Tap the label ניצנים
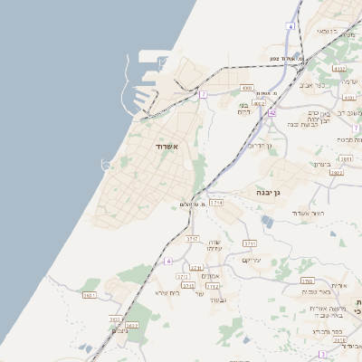click(x=119, y=331)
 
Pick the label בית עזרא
click(x=167, y=292)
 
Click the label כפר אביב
click(x=326, y=85)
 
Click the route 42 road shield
click(x=271, y=113)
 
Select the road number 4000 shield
click(x=247, y=88)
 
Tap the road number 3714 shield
click(x=215, y=203)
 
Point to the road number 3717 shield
click(x=192, y=238)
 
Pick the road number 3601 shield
click(x=89, y=295)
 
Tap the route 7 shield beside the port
click(x=204, y=94)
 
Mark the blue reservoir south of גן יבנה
click(x=267, y=220)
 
